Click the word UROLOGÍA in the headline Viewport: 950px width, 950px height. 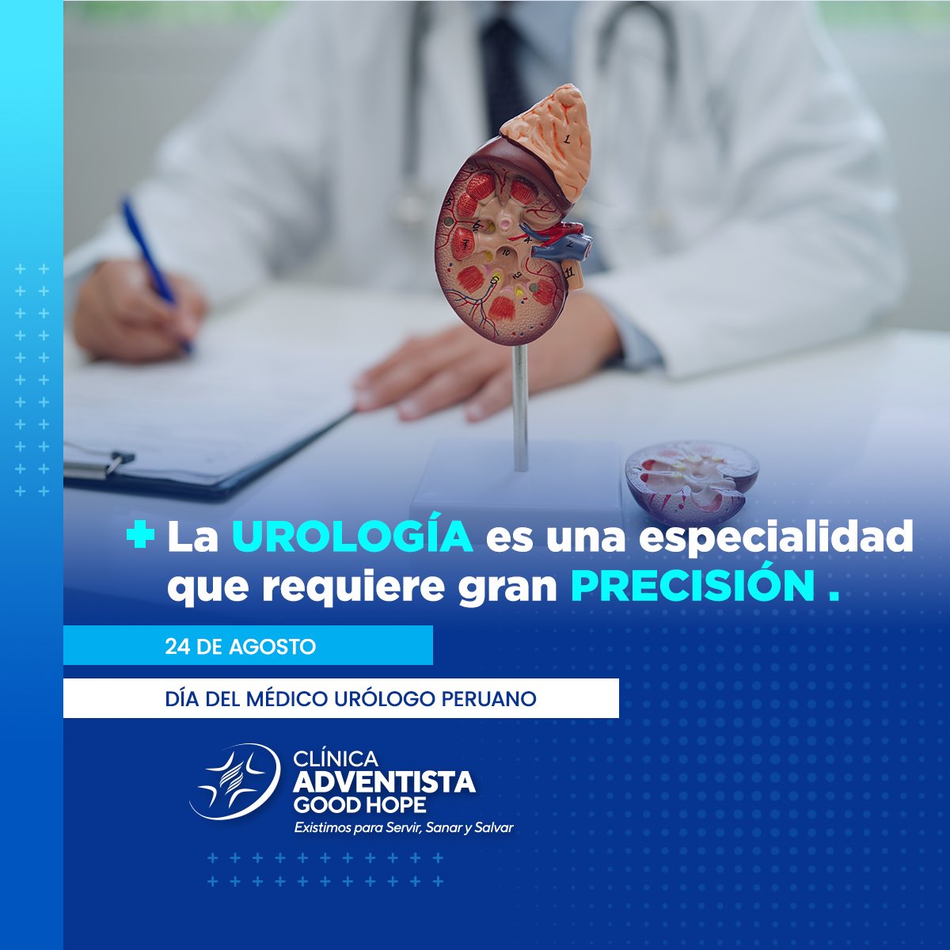tap(352, 538)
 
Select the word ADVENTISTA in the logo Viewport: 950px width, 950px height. tap(384, 782)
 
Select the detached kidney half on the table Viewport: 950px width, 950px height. tap(690, 479)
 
